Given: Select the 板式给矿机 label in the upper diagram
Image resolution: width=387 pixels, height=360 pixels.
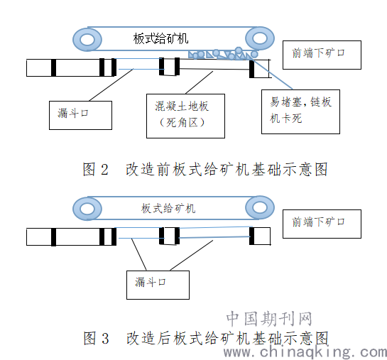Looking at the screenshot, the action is (x=160, y=39).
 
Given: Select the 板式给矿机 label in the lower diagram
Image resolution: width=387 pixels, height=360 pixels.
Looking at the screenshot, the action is (x=168, y=209).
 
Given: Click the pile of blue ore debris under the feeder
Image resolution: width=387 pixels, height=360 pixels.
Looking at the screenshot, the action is (x=223, y=55).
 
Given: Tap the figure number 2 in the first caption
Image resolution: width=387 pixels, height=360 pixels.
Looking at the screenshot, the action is (x=104, y=170).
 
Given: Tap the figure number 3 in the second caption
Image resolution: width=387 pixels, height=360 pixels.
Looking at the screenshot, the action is (x=105, y=339).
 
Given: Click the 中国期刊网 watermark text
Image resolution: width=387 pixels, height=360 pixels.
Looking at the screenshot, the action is (x=269, y=319).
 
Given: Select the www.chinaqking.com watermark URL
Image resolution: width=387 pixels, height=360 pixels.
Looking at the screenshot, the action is (x=305, y=351).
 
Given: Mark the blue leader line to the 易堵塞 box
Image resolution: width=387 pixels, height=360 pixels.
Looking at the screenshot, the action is (x=271, y=73).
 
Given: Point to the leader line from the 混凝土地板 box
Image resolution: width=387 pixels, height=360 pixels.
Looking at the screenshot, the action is (x=199, y=82).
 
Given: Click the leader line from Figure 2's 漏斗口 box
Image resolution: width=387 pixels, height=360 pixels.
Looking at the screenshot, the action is (x=111, y=85).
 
